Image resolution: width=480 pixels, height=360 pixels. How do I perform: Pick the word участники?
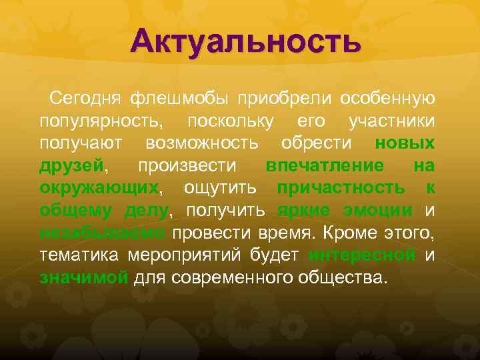pyautogui.click(x=392, y=121)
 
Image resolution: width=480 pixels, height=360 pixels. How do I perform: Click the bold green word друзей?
pyautogui.click(x=71, y=166)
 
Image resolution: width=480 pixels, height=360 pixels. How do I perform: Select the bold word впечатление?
pyautogui.click(x=325, y=166)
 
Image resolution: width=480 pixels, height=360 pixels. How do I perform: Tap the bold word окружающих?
pyautogui.click(x=99, y=189)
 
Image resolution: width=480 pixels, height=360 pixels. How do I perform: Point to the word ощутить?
pyautogui.click(x=221, y=189)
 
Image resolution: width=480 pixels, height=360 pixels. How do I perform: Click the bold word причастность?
pyautogui.click(x=340, y=189)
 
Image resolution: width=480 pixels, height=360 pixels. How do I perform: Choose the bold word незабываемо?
pyautogui.click(x=102, y=233)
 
